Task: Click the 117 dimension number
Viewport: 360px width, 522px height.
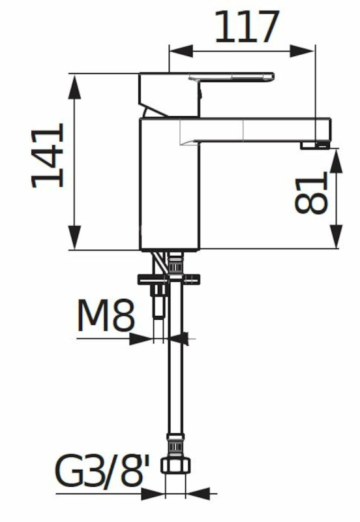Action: [247, 27]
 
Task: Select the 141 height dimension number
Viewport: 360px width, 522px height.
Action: [48, 155]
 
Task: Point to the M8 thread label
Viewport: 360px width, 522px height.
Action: [106, 315]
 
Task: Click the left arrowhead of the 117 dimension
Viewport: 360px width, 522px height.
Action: [181, 52]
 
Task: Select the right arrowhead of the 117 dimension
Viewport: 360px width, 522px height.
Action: [301, 52]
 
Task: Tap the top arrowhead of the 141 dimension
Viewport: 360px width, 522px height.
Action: [74, 87]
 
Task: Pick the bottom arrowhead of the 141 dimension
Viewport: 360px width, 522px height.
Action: [74, 237]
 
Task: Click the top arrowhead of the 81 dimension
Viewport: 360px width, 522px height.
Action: [336, 161]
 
